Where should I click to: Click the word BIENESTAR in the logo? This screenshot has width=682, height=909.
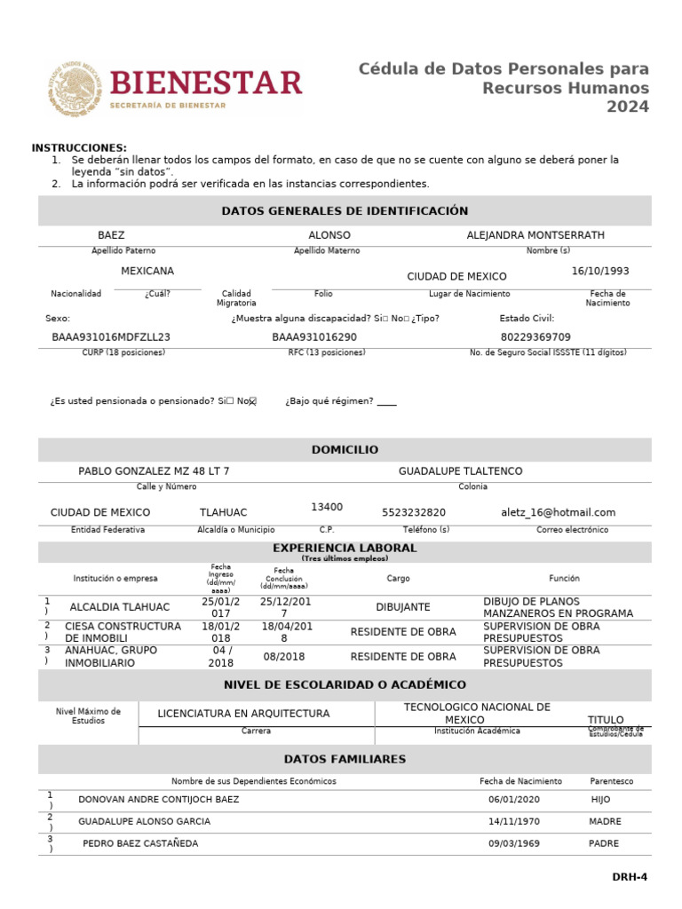(x=207, y=83)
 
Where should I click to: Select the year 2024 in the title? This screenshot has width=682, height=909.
(x=628, y=107)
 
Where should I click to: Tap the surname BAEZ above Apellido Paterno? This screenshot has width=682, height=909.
(x=111, y=235)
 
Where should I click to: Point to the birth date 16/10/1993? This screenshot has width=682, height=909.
(x=600, y=271)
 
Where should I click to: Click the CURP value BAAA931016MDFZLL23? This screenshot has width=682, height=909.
(x=111, y=337)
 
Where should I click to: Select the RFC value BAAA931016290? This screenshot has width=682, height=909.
(x=314, y=337)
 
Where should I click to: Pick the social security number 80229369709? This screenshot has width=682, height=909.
(x=535, y=337)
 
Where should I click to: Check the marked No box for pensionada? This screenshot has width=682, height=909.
(x=252, y=402)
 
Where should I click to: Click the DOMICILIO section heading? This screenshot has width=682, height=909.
(x=345, y=450)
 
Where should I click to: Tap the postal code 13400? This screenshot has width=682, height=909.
(x=327, y=507)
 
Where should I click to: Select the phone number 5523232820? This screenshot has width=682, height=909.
(x=414, y=512)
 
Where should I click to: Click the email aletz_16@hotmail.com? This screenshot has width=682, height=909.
(x=558, y=512)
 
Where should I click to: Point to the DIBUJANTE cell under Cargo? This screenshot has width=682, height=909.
(x=403, y=607)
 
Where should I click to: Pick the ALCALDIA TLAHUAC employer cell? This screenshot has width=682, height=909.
(x=120, y=607)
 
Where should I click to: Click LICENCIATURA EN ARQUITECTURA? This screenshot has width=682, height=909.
(x=243, y=714)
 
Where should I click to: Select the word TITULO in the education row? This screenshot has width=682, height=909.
(x=606, y=719)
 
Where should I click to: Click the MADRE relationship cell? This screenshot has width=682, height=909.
(x=605, y=821)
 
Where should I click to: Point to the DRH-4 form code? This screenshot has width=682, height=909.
(x=630, y=877)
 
